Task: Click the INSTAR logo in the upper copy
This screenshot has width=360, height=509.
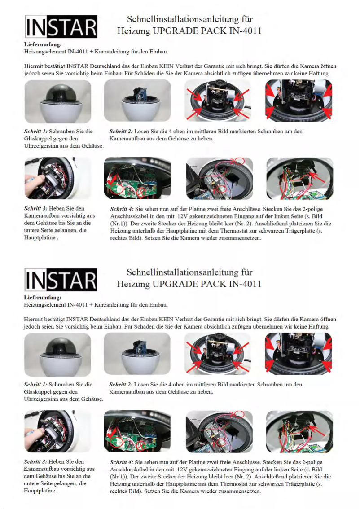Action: point(61,27)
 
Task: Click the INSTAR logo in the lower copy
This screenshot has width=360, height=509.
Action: point(61,280)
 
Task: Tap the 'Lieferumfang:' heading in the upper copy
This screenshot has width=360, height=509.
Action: point(43,45)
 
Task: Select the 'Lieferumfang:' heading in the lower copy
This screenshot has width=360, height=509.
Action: point(43,298)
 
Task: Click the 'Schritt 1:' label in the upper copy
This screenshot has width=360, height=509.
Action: point(35,132)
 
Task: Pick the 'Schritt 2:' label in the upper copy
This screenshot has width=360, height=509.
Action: point(121,132)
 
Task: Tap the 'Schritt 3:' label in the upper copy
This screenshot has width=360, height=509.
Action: point(35,209)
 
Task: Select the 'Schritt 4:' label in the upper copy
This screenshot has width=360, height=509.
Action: point(122,209)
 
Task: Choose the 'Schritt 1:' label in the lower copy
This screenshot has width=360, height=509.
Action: point(35,384)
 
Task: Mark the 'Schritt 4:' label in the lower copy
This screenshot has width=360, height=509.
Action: point(122,462)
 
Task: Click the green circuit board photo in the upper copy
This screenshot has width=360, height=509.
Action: point(137,178)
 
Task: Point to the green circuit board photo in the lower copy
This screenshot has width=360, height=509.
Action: point(137,431)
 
